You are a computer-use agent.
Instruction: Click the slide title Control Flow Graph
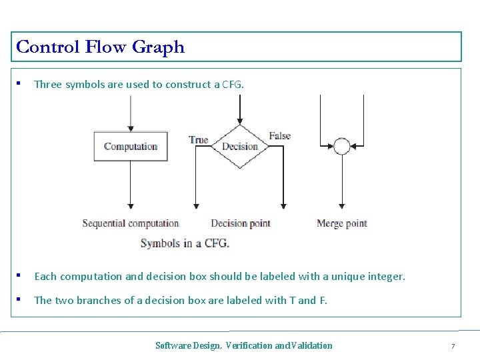click(100, 47)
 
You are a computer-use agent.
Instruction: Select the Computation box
click(131, 147)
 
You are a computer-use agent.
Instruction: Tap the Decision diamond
click(239, 147)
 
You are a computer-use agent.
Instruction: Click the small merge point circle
click(342, 146)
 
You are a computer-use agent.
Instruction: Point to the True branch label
click(199, 139)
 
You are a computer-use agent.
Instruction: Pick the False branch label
click(280, 136)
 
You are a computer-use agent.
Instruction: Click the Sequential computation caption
click(131, 223)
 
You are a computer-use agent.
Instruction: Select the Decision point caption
click(241, 223)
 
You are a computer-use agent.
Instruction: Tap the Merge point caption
click(342, 223)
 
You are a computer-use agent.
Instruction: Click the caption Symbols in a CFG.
click(185, 243)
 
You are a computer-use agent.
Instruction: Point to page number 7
click(453, 346)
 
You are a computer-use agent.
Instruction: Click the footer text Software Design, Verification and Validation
click(243, 345)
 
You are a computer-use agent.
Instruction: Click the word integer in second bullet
click(387, 276)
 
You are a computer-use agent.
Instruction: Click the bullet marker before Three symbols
click(20, 84)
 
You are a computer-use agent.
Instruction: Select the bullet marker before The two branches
click(20, 300)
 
